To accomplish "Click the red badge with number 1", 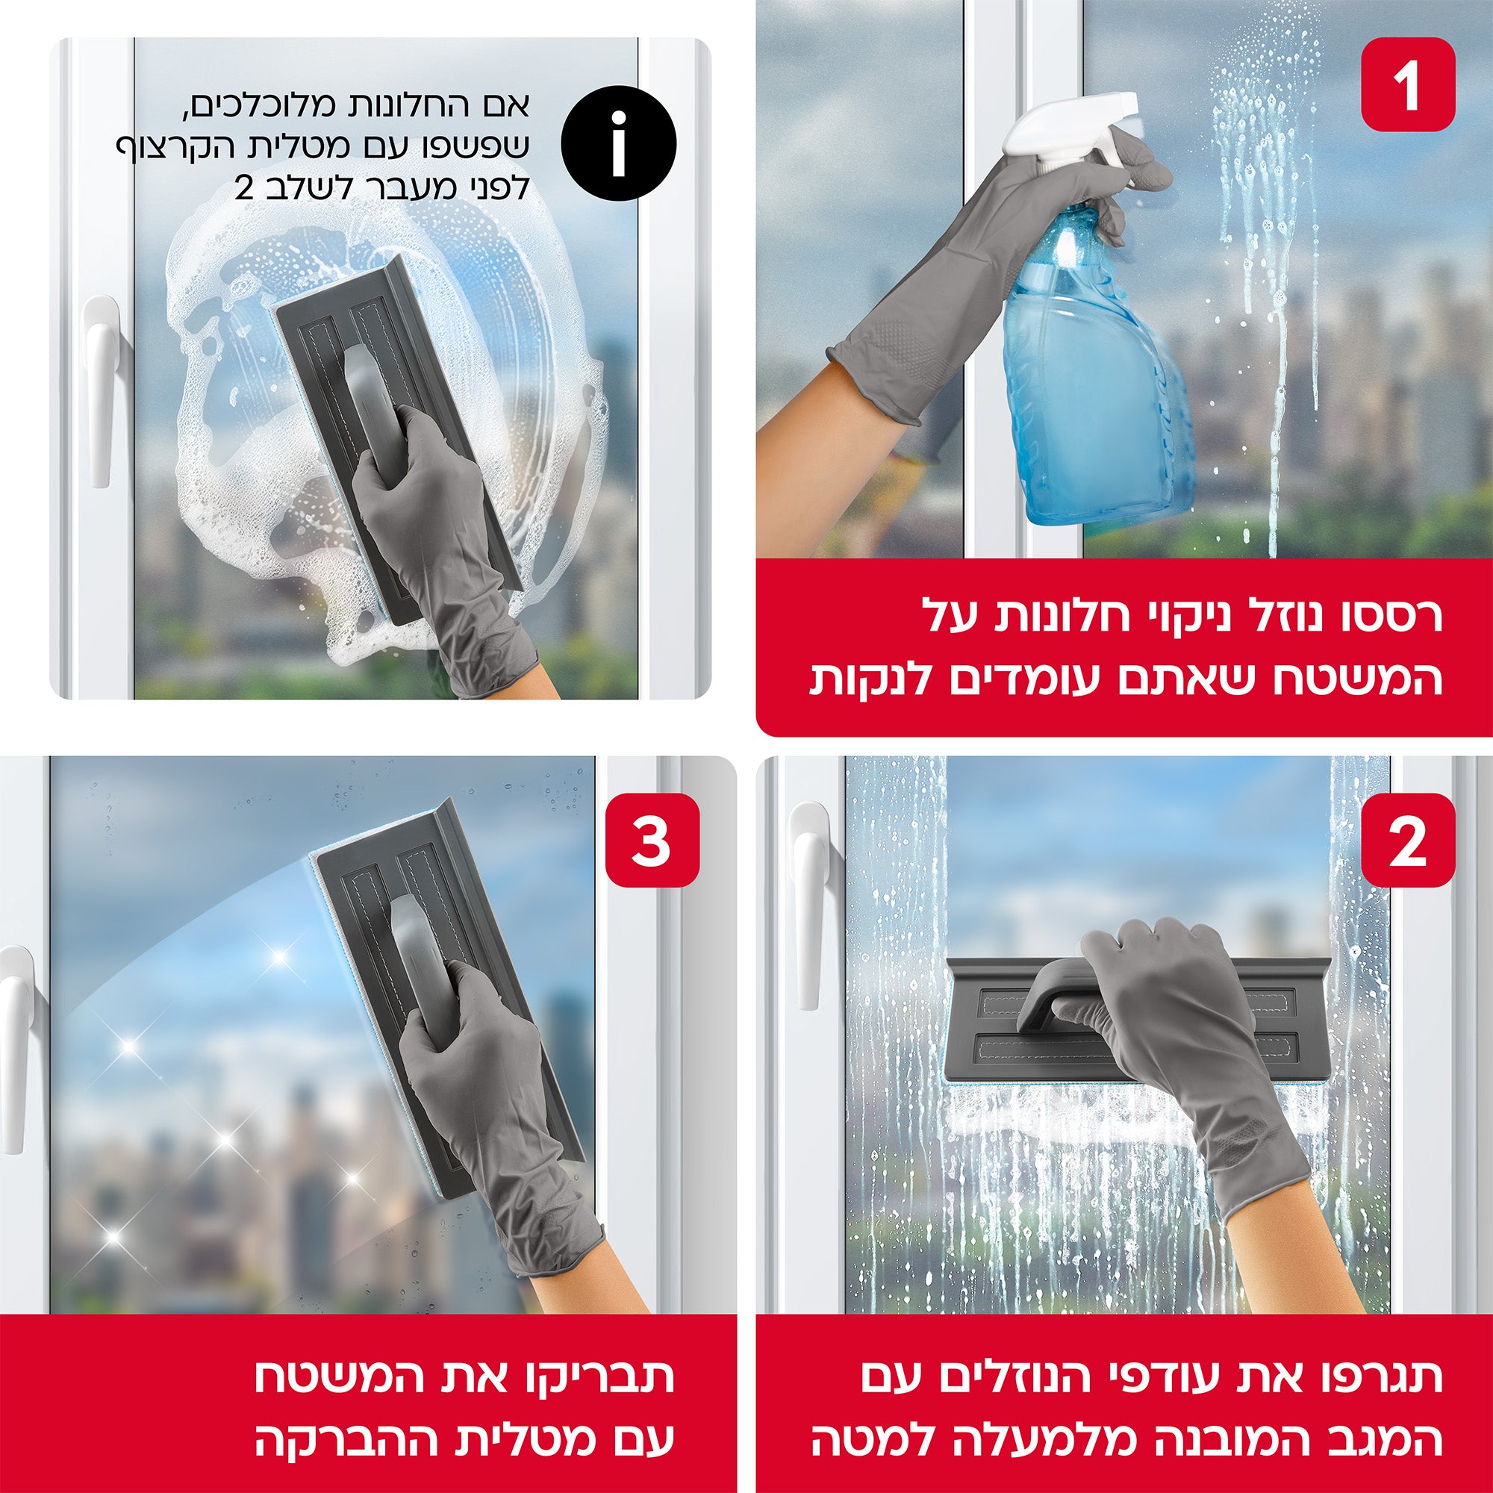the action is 1407,85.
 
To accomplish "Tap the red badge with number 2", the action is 1407,841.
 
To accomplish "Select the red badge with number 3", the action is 652,841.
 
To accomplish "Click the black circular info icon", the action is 618,144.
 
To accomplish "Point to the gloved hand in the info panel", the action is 440,541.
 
